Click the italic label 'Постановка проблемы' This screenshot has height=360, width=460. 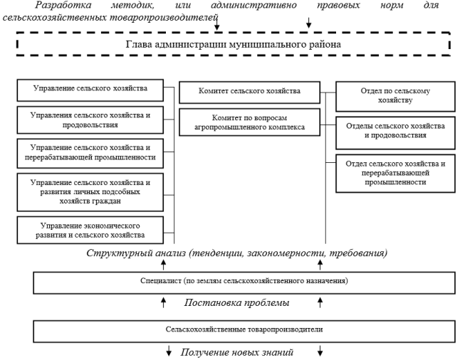click(x=236, y=302)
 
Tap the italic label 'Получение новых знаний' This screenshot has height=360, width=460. click(x=236, y=352)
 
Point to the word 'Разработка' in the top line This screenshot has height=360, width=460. click(x=63, y=5)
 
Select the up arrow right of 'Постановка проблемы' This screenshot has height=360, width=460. click(x=320, y=302)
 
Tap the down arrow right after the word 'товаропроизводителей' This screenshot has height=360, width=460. click(x=216, y=23)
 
